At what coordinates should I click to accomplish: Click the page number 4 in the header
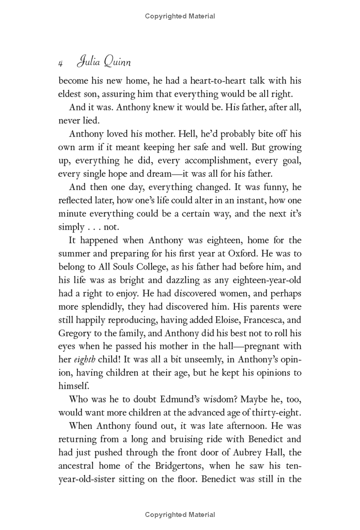pyautogui.click(x=60, y=64)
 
